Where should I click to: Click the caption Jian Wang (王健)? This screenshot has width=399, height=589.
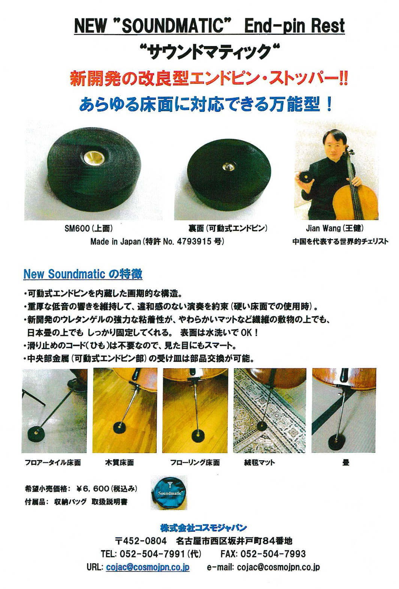(335, 228)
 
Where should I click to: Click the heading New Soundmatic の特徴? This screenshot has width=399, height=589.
(83, 274)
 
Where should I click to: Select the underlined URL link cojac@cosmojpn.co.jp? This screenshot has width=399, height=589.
(148, 567)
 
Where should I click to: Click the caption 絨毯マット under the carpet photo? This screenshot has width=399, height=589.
(260, 463)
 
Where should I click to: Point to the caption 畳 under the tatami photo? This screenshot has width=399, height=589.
(346, 463)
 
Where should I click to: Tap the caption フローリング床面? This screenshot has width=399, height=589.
(195, 463)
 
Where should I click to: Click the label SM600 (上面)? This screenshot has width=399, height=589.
(89, 229)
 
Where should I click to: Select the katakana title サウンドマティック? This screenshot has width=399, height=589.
(210, 52)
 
